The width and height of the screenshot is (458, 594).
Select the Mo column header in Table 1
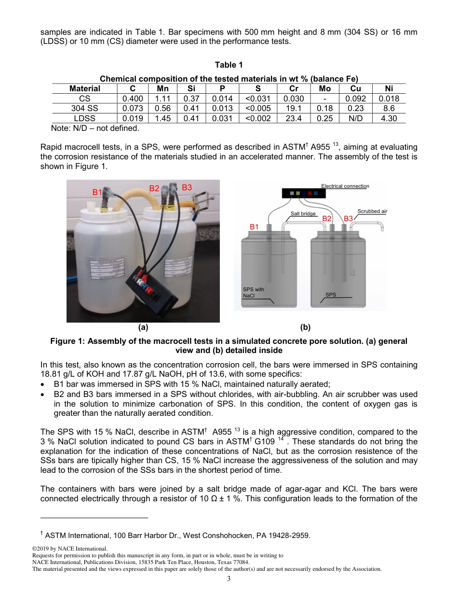325,88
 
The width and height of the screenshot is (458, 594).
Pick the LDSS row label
84,118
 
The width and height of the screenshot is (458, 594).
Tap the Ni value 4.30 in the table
389,118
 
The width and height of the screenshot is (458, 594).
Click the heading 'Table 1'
229,65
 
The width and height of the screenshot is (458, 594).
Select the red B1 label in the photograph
97,192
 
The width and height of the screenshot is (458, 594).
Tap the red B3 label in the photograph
187,187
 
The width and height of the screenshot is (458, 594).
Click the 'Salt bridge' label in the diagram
303,213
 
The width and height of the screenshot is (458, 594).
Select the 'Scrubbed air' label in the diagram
372,211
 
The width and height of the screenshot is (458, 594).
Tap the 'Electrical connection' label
345,186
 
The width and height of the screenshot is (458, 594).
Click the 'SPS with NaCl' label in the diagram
253,293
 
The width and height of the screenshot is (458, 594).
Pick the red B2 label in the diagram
327,219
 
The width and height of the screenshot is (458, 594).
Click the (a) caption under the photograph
143,327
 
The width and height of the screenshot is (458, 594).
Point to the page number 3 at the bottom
229,579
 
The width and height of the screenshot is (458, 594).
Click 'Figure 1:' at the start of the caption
67,341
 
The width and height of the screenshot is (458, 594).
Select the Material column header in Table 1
85,88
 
